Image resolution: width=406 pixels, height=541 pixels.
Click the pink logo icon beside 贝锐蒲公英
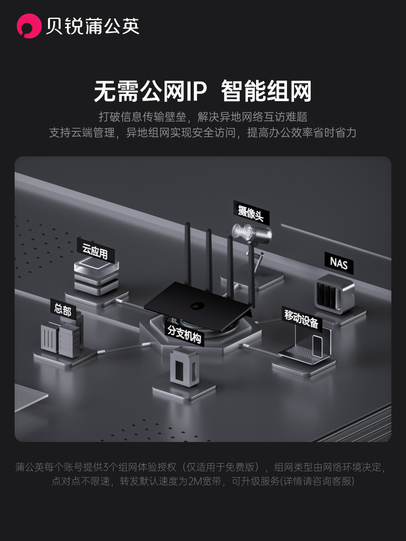(29, 26)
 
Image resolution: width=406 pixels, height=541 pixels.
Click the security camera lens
(240, 232)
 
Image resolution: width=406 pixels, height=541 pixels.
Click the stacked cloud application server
(97, 278)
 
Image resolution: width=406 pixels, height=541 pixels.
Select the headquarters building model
(61, 339)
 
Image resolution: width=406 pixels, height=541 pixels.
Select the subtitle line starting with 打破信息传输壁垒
(203, 116)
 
